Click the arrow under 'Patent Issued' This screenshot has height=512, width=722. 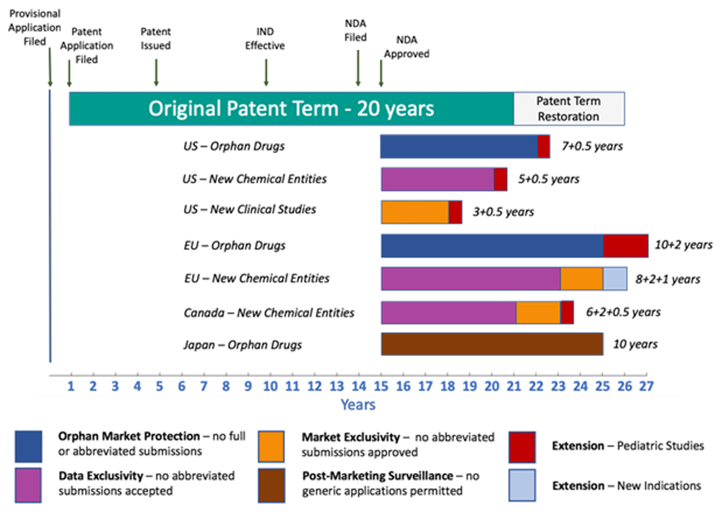pos(157,71)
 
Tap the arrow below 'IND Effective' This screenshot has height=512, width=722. pos(266,71)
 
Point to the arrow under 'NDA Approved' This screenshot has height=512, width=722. pos(381,72)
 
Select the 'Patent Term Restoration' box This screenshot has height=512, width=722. pos(568,109)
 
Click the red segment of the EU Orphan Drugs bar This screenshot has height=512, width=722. pos(625,246)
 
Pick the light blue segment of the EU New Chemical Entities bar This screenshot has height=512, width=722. pos(614,279)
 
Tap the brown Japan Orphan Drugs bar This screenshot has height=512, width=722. pos(492,344)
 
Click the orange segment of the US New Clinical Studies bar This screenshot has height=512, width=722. pos(415,212)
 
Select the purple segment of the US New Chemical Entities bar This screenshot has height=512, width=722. pos(438,179)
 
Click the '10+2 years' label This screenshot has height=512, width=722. pos(682,245)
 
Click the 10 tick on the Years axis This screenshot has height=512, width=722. pos(270,386)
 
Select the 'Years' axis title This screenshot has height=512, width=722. pos(358,404)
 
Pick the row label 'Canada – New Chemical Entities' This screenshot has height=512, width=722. pos(269,313)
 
